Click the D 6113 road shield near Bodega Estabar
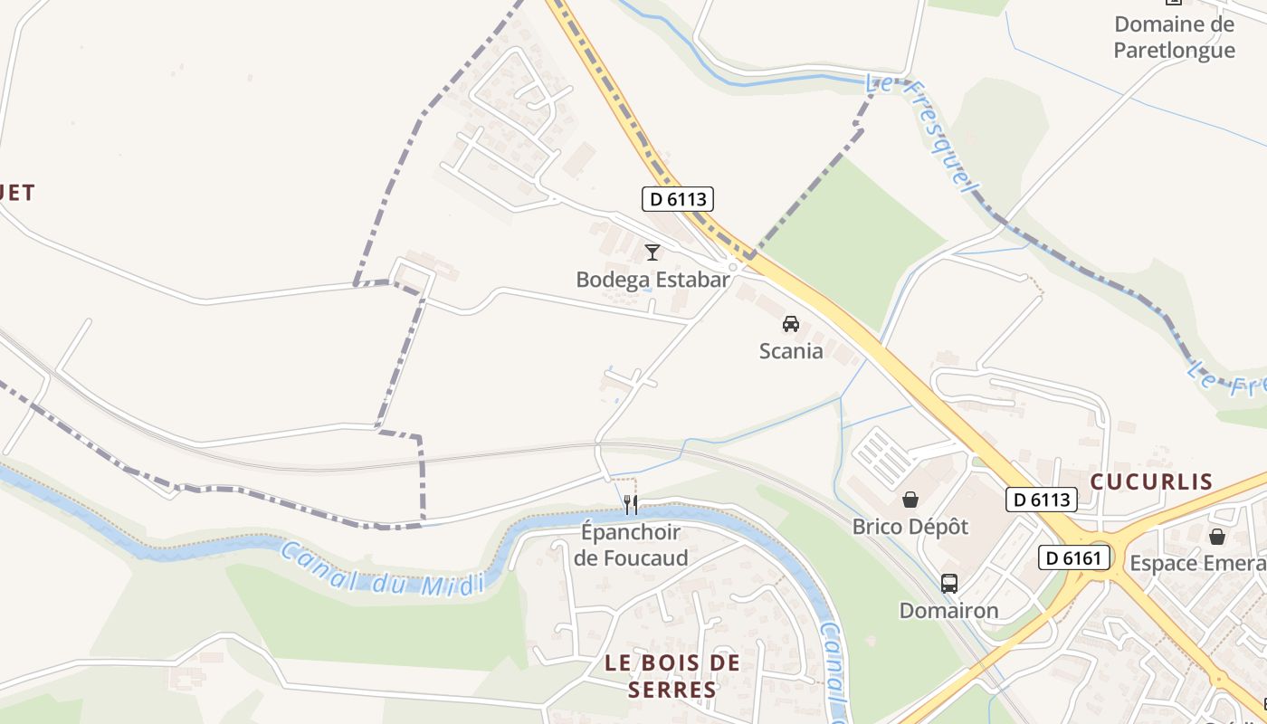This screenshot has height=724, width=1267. pos(678,198)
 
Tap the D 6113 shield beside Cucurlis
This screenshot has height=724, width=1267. pos(1041,499)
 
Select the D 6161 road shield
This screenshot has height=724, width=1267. pos(1074,557)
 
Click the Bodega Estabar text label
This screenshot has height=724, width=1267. pos(653,280)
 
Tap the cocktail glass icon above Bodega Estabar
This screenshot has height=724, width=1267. pos(653,252)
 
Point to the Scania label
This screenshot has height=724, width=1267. pos(791,351)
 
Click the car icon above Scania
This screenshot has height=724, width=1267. pos(791,323)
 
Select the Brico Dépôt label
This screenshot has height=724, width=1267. pos(910,527)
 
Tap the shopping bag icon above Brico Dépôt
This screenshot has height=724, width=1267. pos(910,500)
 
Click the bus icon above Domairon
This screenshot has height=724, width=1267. pos(948,584)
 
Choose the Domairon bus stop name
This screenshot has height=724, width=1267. pos(948,611)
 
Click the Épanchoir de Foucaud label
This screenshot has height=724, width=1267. pos(631,545)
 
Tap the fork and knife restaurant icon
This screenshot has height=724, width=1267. pos(631,505)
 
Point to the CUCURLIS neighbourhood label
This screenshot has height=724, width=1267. pos(1151,481)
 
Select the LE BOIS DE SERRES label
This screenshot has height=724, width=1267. pos(672,676)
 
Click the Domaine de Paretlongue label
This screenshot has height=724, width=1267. pos(1174,37)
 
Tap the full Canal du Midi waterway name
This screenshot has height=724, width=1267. pos(383,569)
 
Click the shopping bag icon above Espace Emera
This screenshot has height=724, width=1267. pos(1217,537)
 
